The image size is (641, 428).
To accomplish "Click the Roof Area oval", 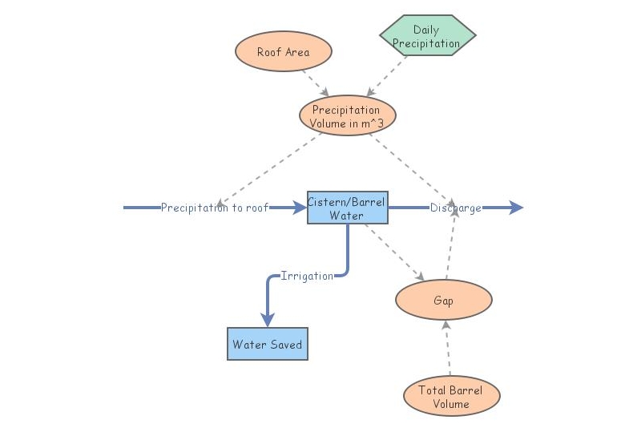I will coord(283,52).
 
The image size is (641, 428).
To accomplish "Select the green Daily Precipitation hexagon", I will coord(427,36).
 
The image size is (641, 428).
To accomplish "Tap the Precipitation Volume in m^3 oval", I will coord(348,115).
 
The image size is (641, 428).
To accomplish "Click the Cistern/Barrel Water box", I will coord(347,208).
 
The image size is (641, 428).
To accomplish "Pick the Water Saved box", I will coord(267,344).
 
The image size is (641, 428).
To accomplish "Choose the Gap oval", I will coord(443,301).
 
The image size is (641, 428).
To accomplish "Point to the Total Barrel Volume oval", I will coord(451,397).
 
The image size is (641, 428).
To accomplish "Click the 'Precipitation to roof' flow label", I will coord(214,208).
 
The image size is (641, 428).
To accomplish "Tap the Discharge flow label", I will coord(455,208).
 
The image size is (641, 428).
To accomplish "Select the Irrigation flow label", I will coord(307,276).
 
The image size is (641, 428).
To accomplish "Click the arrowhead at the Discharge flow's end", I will coord(516,208).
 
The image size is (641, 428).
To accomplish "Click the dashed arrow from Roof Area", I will coord(315,82).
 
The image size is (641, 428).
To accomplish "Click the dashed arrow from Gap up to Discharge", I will coord(451,244).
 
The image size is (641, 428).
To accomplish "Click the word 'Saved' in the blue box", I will coord(286,345).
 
